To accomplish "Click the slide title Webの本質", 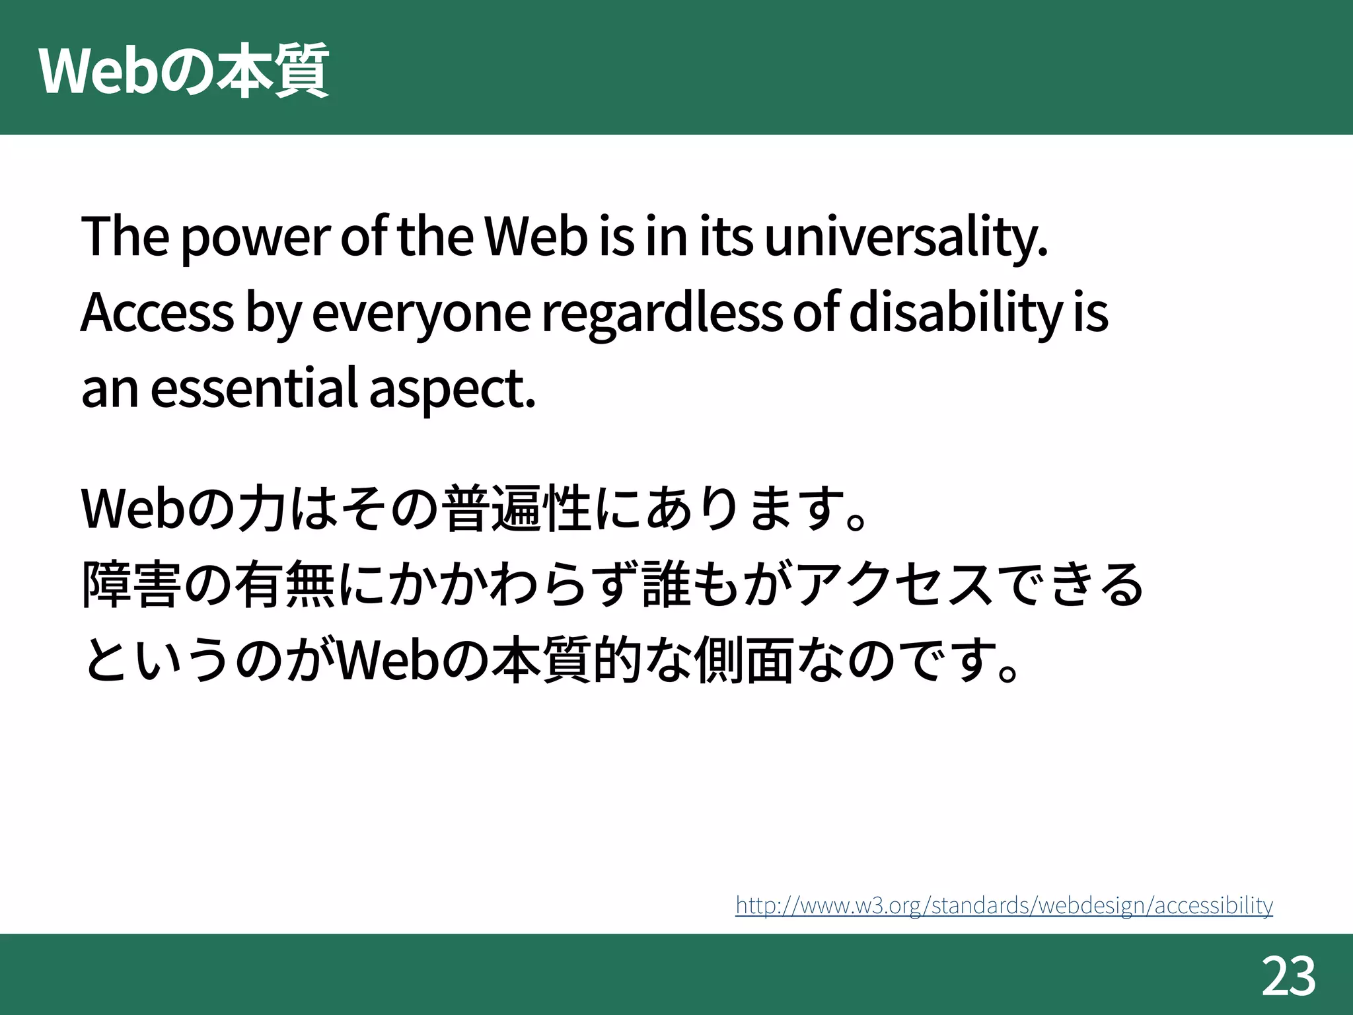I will (x=184, y=71).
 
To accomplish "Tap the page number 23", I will (x=1288, y=977).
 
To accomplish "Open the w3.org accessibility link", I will (x=1004, y=905).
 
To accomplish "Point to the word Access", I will (x=157, y=313).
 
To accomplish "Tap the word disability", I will (x=955, y=313).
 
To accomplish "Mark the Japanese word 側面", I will (x=743, y=660).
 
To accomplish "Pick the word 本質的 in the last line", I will (x=567, y=660).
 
